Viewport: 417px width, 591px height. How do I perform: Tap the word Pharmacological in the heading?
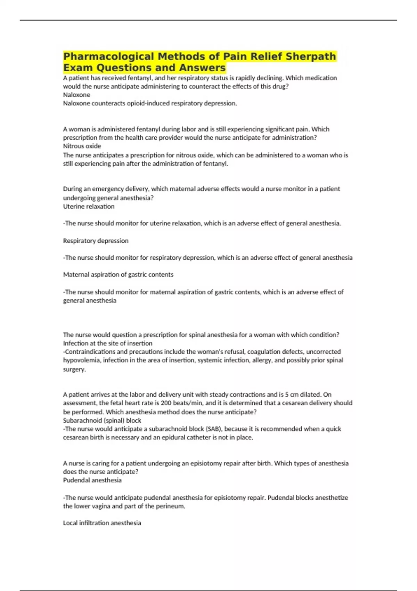[x=108, y=56]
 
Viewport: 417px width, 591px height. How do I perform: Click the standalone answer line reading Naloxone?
[x=76, y=95]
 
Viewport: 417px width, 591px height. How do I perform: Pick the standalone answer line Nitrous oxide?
[x=82, y=146]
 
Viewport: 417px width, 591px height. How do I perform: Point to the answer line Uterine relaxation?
[x=89, y=207]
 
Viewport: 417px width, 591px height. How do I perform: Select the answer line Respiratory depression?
[x=96, y=241]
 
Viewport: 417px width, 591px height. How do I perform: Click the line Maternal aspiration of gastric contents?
[x=118, y=275]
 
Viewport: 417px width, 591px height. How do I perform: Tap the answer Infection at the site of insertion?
[x=107, y=343]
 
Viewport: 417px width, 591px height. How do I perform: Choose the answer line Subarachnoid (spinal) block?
[x=102, y=421]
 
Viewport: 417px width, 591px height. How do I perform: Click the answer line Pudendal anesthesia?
[x=92, y=480]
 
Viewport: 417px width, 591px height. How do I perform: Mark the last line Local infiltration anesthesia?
[x=102, y=523]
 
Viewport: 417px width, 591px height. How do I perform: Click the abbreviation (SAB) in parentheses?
[x=214, y=429]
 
